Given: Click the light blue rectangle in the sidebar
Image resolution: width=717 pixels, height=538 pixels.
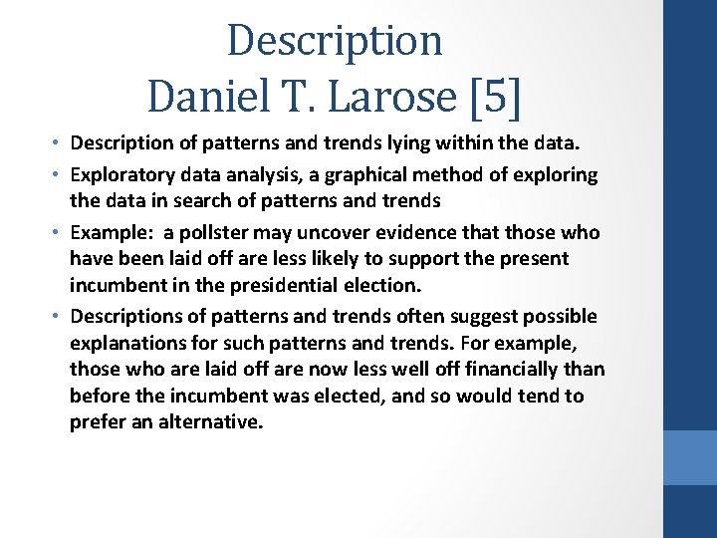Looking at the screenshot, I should (690, 457).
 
